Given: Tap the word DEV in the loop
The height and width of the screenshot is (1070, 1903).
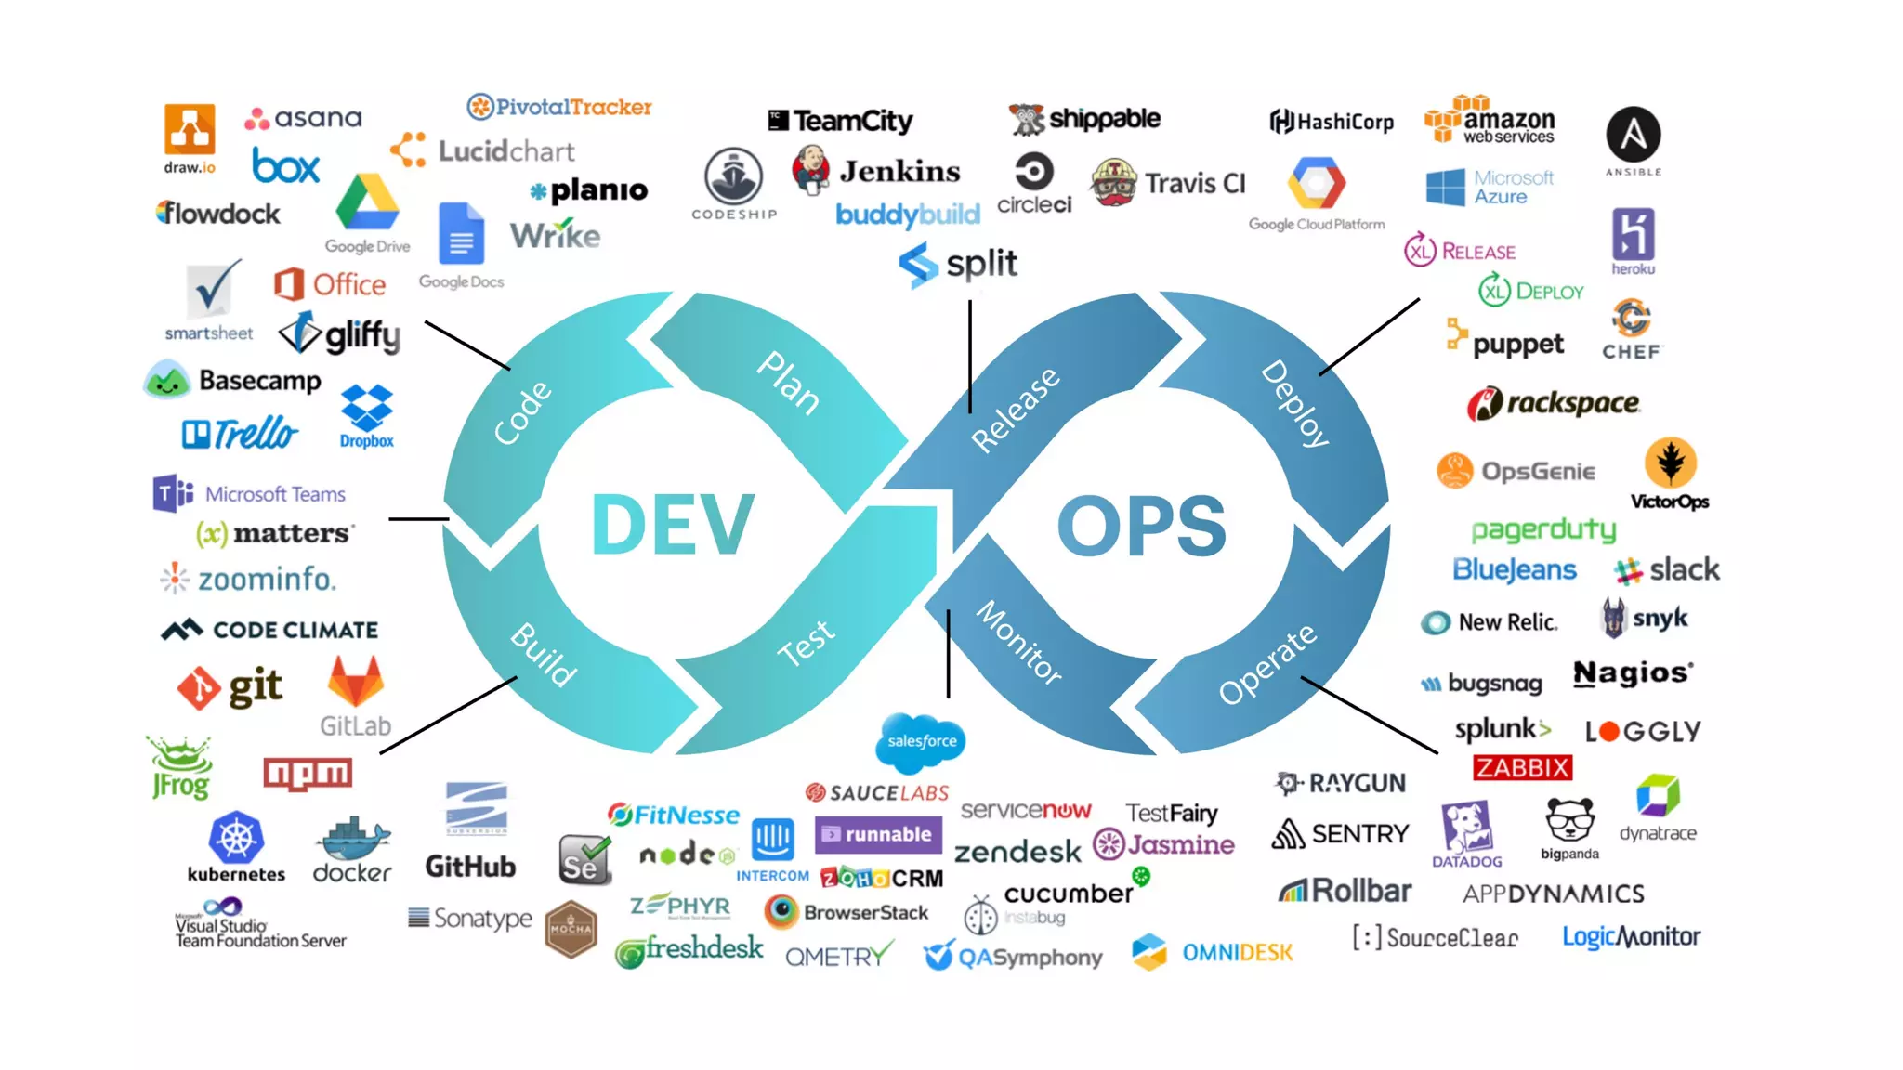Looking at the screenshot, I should coord(672,525).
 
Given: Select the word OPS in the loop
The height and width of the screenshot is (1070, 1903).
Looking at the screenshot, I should coord(1142,526).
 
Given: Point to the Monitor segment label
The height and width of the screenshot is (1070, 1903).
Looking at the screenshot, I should coord(1019,643).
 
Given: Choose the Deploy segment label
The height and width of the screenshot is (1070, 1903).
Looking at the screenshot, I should coord(1295,403).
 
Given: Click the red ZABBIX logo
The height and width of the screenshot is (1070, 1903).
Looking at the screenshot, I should coord(1522,768).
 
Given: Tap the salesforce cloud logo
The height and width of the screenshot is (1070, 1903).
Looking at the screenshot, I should coord(921,741).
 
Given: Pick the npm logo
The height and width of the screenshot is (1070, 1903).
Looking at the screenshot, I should coord(308,773).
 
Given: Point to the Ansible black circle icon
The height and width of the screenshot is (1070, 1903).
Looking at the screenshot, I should coord(1633,136).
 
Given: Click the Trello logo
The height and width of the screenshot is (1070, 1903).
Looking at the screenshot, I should coord(241,433).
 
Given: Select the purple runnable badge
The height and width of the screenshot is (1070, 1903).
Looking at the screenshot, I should coord(878,834).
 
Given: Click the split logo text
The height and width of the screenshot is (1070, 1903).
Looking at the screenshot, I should coord(981,263).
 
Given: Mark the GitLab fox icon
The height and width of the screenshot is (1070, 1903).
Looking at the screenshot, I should coord(356,683).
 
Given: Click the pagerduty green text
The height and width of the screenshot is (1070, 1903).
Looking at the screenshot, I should coord(1543,529).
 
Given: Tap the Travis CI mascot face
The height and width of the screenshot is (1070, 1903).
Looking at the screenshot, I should coord(1113,183).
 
